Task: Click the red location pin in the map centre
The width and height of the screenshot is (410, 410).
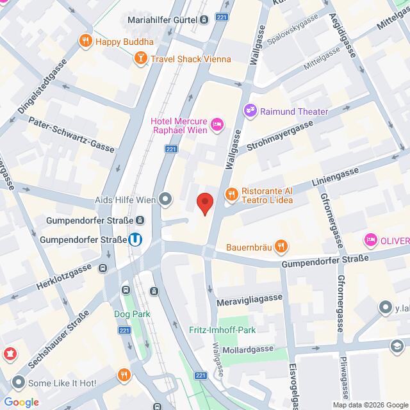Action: (204, 203)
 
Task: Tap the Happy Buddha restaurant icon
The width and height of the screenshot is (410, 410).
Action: (85, 42)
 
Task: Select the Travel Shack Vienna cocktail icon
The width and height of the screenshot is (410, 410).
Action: (140, 59)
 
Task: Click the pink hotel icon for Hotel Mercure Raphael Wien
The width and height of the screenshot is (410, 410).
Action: (217, 122)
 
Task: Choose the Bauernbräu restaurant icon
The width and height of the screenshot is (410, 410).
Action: (280, 246)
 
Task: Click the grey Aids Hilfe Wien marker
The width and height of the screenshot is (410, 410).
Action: (166, 199)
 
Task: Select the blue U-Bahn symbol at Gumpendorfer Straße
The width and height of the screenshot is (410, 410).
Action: (135, 240)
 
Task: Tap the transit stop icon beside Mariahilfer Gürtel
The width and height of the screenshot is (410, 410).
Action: (203, 20)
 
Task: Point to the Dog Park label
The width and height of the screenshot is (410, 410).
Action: (131, 315)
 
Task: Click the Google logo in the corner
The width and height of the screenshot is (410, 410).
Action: (21, 402)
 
